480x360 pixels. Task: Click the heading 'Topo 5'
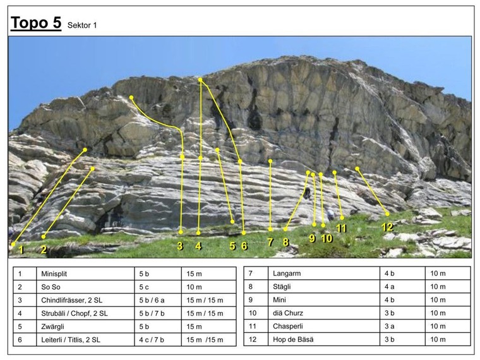point(36,23)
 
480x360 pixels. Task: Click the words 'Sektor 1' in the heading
point(82,26)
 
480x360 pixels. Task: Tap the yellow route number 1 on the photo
point(21,249)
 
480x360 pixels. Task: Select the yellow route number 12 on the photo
point(387,227)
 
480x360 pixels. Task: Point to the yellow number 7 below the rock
point(270,241)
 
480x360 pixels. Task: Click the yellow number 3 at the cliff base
point(180,246)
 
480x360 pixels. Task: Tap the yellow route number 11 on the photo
point(342,229)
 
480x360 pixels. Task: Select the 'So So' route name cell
point(51,287)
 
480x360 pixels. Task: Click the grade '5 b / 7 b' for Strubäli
point(155,313)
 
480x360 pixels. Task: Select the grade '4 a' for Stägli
point(390,287)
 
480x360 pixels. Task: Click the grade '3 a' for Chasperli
point(390,327)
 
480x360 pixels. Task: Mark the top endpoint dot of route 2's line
point(93,169)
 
